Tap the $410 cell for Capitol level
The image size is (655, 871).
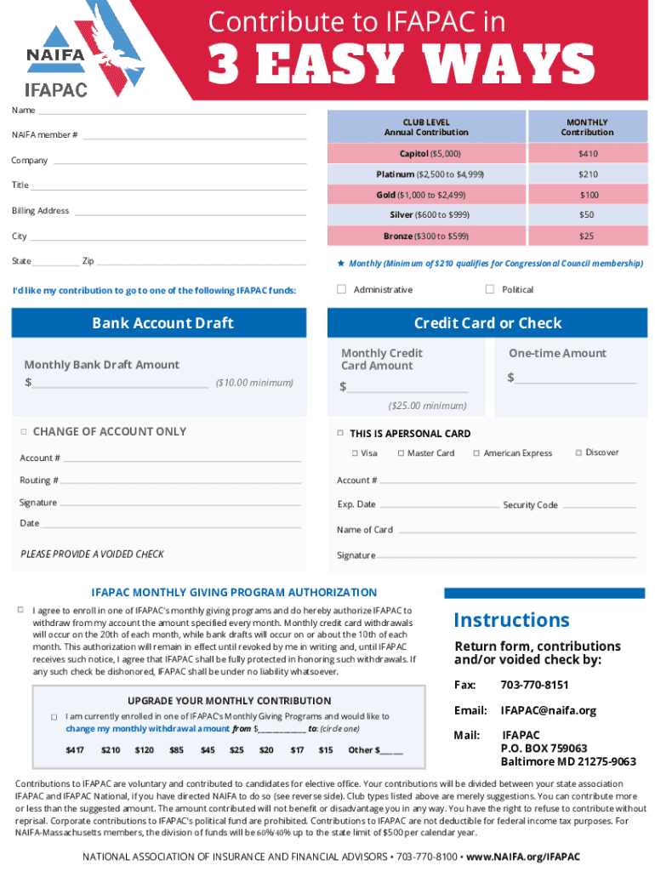[588, 154]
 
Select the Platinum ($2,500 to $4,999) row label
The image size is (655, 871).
[430, 174]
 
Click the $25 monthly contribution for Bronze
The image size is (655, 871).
[587, 236]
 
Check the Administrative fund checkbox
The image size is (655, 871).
[341, 289]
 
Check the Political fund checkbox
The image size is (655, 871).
[490, 289]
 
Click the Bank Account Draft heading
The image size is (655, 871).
[162, 323]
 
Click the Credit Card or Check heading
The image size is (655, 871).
[487, 323]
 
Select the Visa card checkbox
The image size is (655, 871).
[354, 453]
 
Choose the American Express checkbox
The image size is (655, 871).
[476, 453]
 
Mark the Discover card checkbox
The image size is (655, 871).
[578, 453]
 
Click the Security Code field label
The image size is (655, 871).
[530, 505]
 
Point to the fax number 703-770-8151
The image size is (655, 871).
[534, 685]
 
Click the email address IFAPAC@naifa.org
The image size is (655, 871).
[549, 710]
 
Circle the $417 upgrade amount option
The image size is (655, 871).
[75, 750]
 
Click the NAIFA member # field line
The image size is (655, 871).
[194, 136]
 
